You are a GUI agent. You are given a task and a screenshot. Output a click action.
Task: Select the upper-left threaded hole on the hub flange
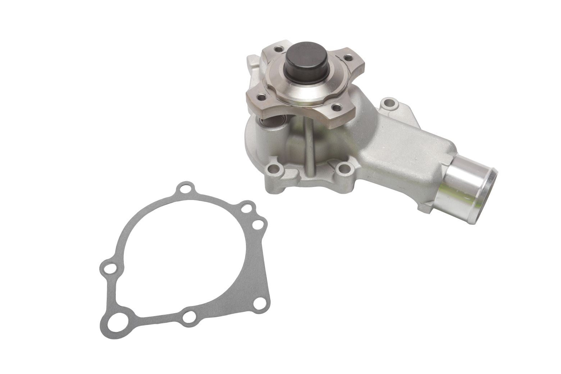click(278, 49)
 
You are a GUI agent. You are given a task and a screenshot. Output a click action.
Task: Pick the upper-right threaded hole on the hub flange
click(348, 56)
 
